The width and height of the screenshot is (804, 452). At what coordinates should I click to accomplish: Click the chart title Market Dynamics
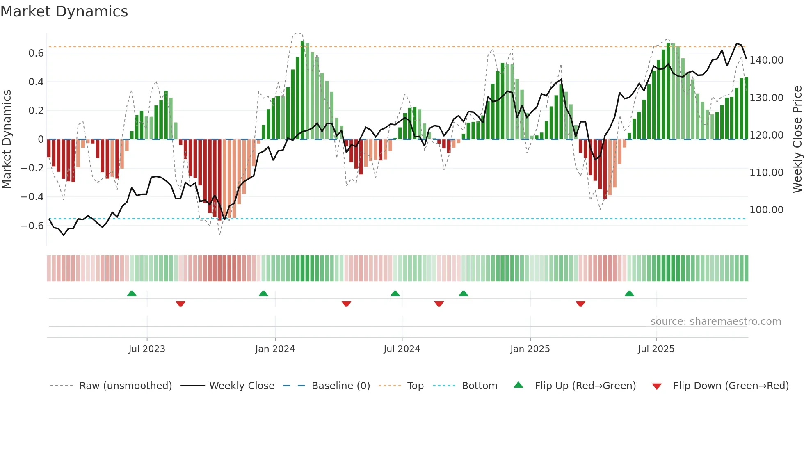point(64,11)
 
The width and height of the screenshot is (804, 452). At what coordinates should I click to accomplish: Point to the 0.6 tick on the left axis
point(36,53)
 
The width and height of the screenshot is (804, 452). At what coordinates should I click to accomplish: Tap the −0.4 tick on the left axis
point(32,197)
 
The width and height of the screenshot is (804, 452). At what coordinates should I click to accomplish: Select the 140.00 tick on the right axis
point(766,60)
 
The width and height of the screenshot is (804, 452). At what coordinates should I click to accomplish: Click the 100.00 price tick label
point(766,210)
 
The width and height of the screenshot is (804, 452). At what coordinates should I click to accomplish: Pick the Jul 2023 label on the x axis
point(147,349)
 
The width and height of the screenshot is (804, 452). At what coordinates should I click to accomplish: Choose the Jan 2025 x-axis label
point(530,349)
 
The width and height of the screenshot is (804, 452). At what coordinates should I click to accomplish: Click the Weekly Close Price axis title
point(797,139)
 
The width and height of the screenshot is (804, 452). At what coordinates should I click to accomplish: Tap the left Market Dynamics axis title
point(7,139)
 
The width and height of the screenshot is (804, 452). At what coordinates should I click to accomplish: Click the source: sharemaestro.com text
point(715,322)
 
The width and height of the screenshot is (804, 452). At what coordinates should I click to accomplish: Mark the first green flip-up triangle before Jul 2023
point(132,294)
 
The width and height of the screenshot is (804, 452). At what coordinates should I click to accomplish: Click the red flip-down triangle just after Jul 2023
point(180,304)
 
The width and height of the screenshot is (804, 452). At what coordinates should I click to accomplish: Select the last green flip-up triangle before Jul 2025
point(629,294)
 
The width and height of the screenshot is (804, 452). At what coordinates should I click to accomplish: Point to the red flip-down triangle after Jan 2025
point(580,304)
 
